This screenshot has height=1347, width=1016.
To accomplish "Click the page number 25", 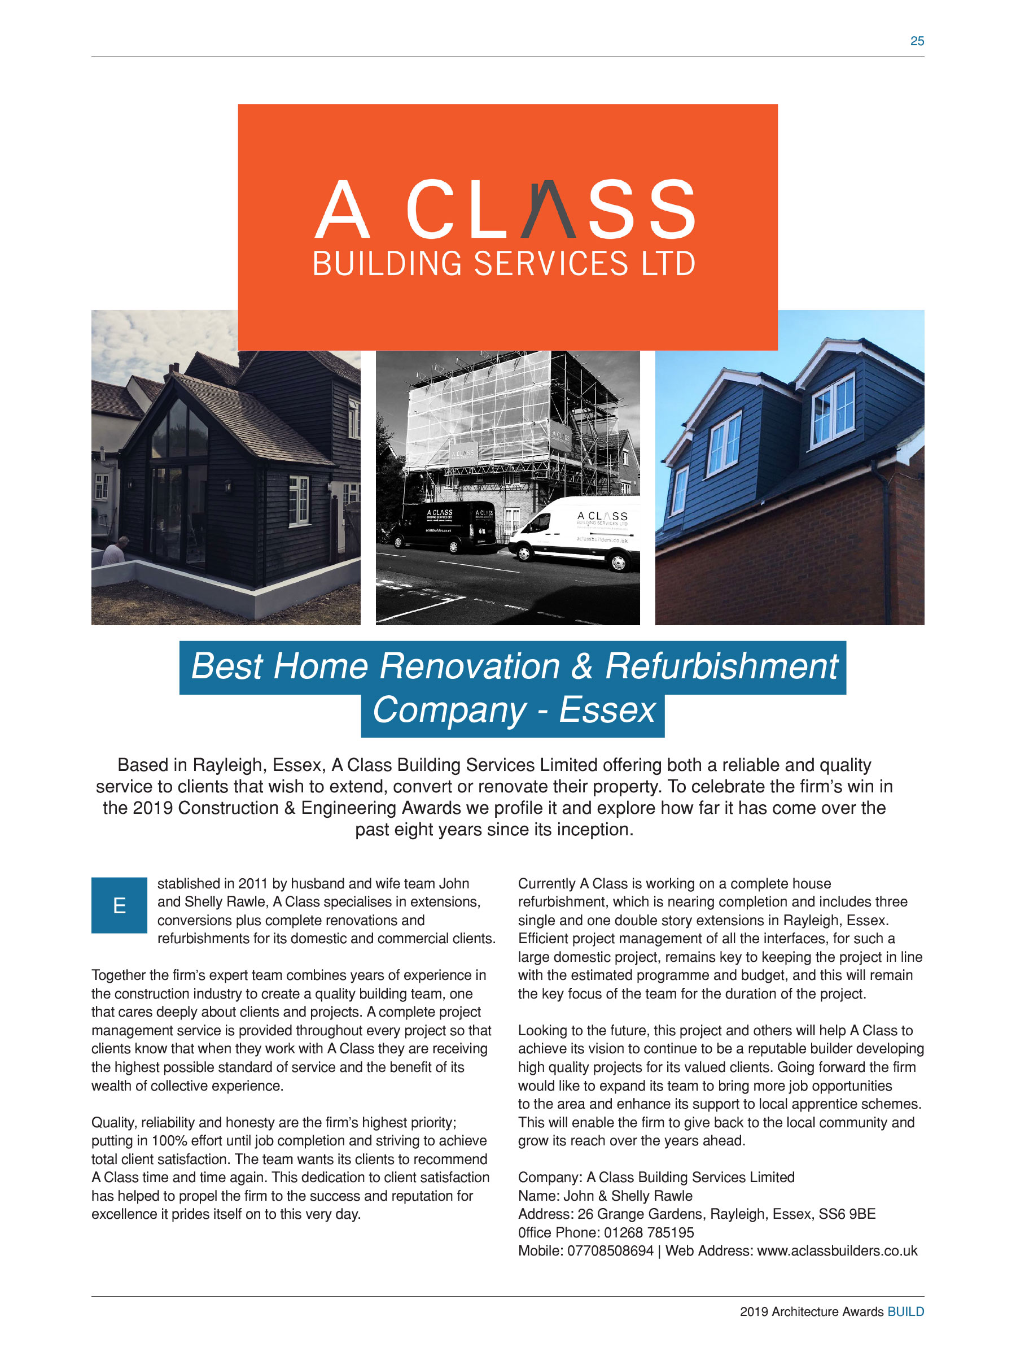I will pos(916,41).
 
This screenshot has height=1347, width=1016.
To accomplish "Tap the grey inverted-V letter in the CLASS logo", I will pos(548,208).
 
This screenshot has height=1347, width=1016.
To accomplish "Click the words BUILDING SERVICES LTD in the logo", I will pos(503,264).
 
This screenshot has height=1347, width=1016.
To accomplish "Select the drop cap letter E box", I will pos(119,905).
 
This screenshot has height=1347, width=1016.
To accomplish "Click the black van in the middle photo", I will pos(443,525).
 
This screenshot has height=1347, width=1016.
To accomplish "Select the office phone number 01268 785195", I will pos(649,1232).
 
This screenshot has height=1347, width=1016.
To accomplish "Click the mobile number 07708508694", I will pos(610,1251).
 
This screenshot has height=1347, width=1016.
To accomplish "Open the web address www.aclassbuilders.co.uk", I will pos(837,1251).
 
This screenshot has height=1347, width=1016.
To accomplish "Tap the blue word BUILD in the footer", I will pos(905,1311).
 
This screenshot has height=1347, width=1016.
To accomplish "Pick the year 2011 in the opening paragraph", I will pos(253,883).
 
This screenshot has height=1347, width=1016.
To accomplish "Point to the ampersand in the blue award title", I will pos(582,666).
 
